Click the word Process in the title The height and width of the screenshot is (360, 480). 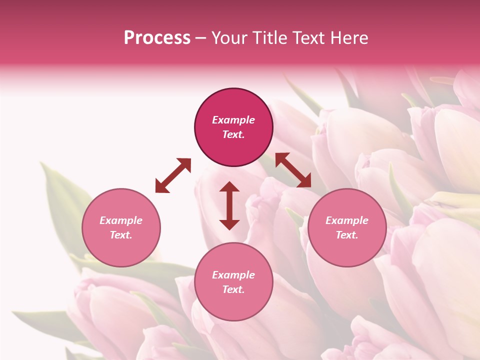point(157,38)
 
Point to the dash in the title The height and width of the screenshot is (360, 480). point(201,38)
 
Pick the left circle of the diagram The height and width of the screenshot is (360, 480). point(121,227)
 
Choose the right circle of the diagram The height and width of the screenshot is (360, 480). point(347,227)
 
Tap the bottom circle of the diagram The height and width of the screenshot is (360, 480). point(233,282)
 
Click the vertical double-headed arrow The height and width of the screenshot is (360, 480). point(229,205)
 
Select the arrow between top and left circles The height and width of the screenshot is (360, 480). point(173,175)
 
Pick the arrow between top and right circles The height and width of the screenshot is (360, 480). point(293,170)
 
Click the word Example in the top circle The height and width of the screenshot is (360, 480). point(233,120)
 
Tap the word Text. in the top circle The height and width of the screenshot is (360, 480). point(233,134)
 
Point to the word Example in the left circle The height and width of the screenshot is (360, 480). point(121,220)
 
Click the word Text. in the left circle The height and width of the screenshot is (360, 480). point(121,235)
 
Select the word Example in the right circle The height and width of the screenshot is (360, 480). point(347,220)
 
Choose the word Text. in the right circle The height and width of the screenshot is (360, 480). point(347,235)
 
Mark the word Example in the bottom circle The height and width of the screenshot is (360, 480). point(233,275)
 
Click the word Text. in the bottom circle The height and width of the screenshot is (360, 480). point(233,289)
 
